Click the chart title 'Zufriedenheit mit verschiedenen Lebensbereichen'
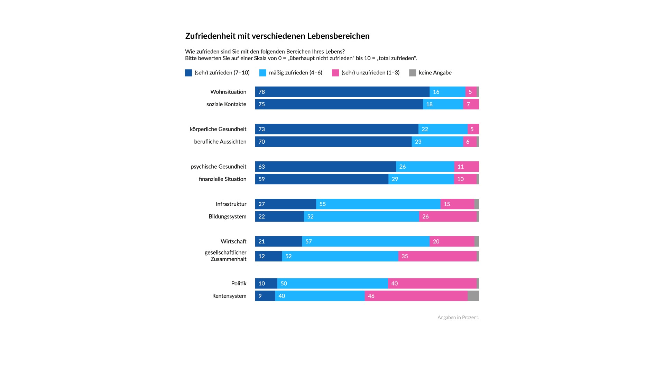point(277,36)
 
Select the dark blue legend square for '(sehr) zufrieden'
point(188,73)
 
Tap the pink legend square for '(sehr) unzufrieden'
point(335,73)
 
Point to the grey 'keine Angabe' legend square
point(413,73)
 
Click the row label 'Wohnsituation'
point(228,92)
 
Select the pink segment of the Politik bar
point(432,284)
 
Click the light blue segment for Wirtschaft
point(366,241)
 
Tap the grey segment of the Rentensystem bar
point(473,296)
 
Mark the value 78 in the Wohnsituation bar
point(262,92)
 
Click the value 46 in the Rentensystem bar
point(371,296)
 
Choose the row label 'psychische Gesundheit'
point(219,167)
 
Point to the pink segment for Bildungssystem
point(448,216)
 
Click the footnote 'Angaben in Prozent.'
point(458,318)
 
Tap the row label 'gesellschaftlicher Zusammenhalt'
point(225,256)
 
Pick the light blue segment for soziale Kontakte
point(443,104)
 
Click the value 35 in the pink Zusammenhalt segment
point(405,256)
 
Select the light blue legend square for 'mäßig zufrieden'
point(263,73)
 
